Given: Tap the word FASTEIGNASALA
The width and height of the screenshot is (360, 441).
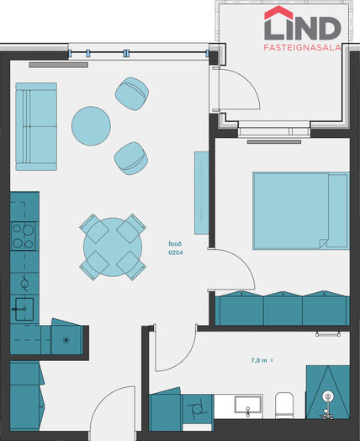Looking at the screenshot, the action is tap(303, 47).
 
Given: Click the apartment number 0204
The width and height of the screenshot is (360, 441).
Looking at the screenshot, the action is tap(176, 252).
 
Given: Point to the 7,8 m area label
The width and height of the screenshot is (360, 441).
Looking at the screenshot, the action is tap(259, 360).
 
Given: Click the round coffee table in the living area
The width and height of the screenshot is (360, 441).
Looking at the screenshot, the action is tap(91, 125).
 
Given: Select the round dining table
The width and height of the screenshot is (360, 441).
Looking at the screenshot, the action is tap(113, 247).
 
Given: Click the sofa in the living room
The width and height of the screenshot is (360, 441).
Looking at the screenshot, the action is tap(36, 126).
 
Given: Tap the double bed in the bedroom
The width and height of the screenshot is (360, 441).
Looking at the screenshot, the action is tap(301, 210).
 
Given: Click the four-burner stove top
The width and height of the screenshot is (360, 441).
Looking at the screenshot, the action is tap(24, 236).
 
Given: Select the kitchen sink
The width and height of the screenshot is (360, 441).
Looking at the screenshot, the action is tap(24, 309).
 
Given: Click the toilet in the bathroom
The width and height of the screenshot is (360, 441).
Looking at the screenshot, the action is tap(284, 406).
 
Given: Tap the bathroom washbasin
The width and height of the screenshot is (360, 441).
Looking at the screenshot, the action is tap(248, 405).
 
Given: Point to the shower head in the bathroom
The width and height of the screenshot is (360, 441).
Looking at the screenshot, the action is tap(328, 396).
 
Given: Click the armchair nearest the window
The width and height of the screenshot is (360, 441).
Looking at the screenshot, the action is tap(132, 93).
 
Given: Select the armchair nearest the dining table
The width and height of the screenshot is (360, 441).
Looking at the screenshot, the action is tap(131, 158).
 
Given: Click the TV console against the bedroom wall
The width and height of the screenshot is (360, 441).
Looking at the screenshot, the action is tap(202, 193).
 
